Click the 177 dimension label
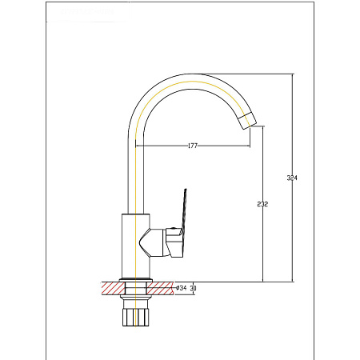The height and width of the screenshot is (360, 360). click(193, 146)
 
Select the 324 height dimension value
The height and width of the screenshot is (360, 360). click(292, 178)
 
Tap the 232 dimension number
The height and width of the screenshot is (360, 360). click(262, 204)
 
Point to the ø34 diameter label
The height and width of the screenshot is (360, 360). click(182, 288)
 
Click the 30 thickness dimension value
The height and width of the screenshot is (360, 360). click(193, 288)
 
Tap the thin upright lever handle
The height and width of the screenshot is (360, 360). click(184, 210)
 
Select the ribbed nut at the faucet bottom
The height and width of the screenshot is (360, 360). click(135, 317)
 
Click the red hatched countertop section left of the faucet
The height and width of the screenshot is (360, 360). click(113, 288)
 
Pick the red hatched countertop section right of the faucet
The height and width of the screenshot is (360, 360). click(160, 288)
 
